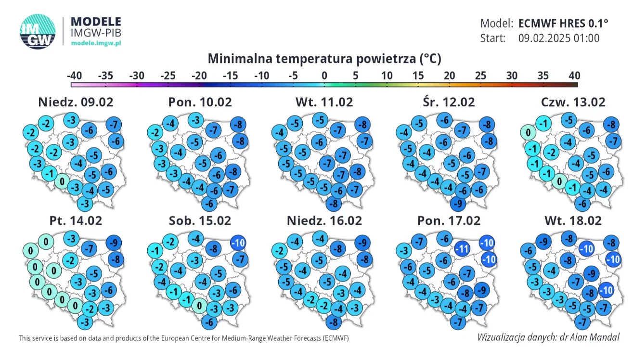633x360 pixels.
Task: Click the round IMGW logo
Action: tap(38, 31)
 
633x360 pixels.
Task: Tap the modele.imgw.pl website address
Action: tap(96, 43)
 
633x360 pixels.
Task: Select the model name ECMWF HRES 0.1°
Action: tap(563, 24)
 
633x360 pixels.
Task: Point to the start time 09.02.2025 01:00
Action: tap(559, 38)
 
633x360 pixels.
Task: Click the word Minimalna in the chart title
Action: tap(240, 59)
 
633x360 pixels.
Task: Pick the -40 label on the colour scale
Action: tap(74, 76)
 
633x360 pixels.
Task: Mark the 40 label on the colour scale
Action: tap(574, 76)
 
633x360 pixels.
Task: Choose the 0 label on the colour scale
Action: tap(324, 76)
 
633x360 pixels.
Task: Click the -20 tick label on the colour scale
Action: tap(199, 76)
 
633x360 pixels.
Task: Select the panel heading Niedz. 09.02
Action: tap(76, 102)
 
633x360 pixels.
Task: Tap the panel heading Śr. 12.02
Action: tap(449, 102)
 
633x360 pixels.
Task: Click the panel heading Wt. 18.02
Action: tap(573, 221)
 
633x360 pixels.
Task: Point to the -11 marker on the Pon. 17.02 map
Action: tap(462, 249)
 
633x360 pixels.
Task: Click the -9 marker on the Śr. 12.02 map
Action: tap(458, 204)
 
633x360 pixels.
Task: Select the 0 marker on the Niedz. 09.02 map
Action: tap(62, 181)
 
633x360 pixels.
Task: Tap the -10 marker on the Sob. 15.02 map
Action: tap(238, 243)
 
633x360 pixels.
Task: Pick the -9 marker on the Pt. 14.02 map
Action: tap(114, 243)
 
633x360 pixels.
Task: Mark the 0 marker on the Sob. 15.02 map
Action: tap(199, 306)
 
